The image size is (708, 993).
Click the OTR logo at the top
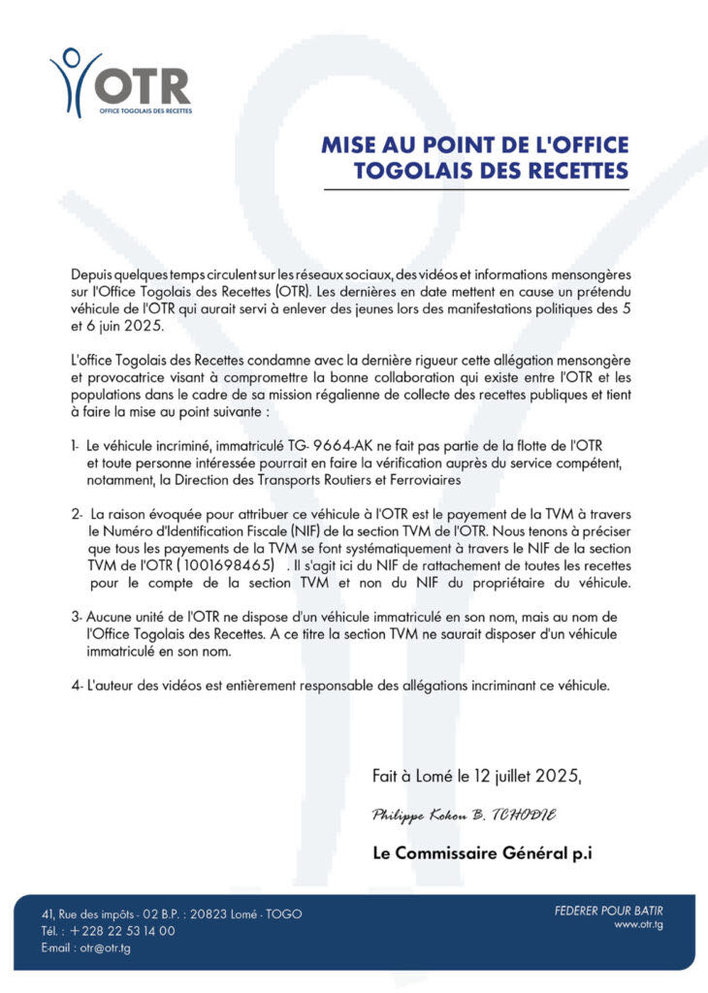click(120, 82)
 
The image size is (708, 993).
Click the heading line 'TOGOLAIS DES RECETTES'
click(491, 172)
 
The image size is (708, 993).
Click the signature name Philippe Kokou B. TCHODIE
click(464, 816)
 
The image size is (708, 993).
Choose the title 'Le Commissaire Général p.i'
click(482, 853)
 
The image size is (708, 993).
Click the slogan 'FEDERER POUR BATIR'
click(608, 910)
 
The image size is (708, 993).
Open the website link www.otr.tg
click(638, 925)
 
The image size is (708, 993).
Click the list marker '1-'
click(75, 445)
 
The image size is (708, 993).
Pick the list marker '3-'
click(76, 618)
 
